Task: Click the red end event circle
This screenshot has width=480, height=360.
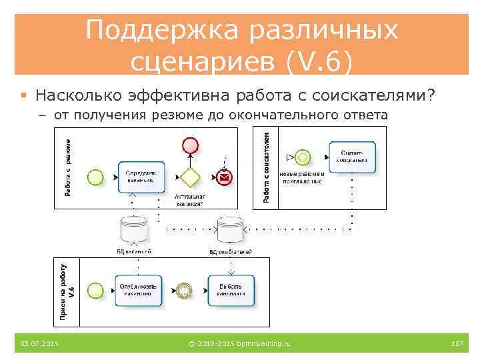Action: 191,145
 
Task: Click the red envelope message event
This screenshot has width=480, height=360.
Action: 225,177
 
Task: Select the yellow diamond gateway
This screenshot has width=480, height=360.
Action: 191,177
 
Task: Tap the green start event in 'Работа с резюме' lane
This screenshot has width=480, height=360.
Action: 96,177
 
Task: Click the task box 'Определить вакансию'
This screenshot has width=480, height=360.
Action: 141,176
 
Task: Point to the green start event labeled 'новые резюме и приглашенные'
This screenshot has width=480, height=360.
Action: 303,157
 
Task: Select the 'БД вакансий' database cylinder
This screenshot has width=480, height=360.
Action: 133,231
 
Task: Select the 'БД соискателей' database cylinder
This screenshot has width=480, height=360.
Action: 229,231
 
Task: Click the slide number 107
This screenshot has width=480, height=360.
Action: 457,343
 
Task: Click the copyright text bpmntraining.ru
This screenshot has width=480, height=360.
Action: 240,343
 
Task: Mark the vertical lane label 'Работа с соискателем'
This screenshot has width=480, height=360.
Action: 267,167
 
